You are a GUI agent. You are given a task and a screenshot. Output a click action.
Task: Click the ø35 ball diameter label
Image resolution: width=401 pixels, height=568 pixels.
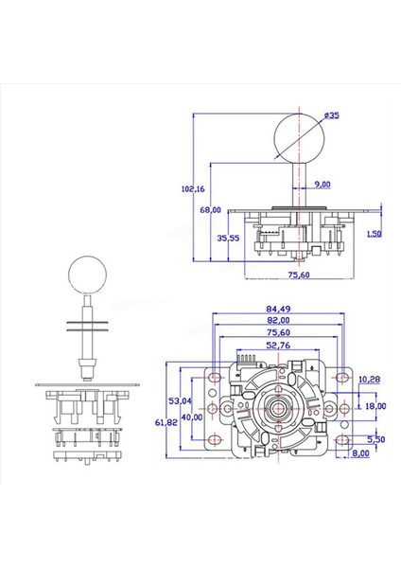point(331,115)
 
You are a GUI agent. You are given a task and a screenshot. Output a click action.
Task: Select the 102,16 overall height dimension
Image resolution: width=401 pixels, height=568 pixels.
point(192,188)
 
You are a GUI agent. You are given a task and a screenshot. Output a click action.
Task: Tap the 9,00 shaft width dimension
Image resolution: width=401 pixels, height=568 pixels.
point(323,185)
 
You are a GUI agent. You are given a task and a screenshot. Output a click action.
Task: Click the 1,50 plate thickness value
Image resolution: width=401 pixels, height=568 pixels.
point(375,233)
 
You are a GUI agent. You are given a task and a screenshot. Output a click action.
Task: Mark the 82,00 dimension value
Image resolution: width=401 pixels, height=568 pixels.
point(277,321)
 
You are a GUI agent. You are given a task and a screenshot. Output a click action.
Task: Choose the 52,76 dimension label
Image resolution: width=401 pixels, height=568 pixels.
point(277,346)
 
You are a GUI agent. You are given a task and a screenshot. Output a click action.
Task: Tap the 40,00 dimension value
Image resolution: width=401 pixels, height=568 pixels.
point(192,417)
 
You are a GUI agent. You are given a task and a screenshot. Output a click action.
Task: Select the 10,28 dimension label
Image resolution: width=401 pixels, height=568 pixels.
point(369,379)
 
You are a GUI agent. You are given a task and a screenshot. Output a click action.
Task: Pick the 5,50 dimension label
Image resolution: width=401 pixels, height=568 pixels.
point(375,439)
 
